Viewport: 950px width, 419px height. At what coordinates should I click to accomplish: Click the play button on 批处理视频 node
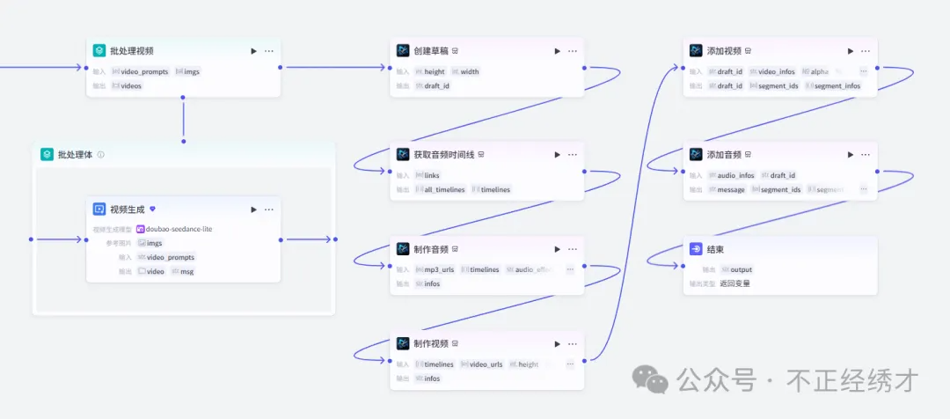pyautogui.click(x=253, y=51)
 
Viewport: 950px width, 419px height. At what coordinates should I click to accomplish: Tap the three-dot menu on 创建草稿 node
pyautogui.click(x=573, y=51)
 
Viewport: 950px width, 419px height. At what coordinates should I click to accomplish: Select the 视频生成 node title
pyautogui.click(x=128, y=209)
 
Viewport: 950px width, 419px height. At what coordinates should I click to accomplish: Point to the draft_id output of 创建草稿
pyautogui.click(x=438, y=85)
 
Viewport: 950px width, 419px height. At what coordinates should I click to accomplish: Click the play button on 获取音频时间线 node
pyautogui.click(x=557, y=155)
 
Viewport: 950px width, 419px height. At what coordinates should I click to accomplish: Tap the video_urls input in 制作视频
pyautogui.click(x=486, y=364)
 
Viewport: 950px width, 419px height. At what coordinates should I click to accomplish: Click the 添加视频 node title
pyautogui.click(x=724, y=51)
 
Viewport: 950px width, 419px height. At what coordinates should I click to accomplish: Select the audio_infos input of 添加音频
pyautogui.click(x=735, y=175)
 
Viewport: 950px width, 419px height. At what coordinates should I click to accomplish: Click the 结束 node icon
pyautogui.click(x=696, y=249)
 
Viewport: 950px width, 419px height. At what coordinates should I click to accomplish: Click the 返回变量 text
pyautogui.click(x=734, y=283)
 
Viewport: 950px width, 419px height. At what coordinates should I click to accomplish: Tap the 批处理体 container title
pyautogui.click(x=75, y=155)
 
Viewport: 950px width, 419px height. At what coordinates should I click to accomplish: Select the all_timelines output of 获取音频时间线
pyautogui.click(x=444, y=189)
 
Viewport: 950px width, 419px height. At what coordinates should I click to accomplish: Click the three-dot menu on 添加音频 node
pyautogui.click(x=866, y=155)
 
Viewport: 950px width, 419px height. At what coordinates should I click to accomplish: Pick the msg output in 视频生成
pyautogui.click(x=186, y=271)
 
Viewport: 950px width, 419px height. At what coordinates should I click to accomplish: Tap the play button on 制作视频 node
pyautogui.click(x=557, y=344)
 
